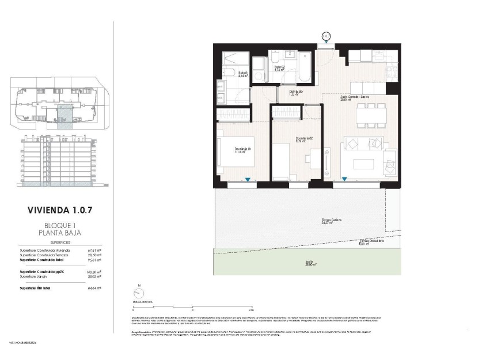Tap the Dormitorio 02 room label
click(304, 139)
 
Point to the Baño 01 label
click(243, 74)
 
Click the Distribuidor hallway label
click(296, 92)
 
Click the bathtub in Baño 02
click(303, 68)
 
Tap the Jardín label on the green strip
click(309, 264)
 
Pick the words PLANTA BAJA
click(60, 233)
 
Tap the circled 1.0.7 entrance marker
click(326, 36)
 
